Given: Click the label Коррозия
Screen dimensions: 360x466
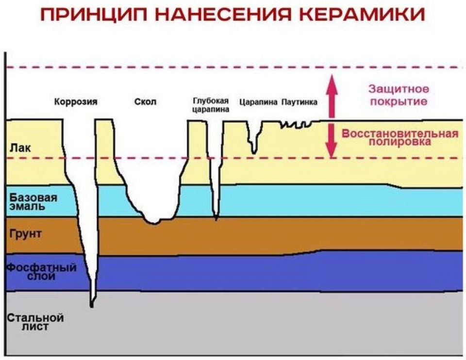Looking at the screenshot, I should (75, 102).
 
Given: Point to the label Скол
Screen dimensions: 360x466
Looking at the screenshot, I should (145, 102).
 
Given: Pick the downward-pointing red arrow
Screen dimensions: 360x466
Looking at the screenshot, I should (332, 141).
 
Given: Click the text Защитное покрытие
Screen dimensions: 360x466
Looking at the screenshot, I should (398, 96).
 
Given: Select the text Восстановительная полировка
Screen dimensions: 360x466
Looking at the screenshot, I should (399, 138).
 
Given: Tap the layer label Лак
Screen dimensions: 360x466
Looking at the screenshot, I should (20, 148).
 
